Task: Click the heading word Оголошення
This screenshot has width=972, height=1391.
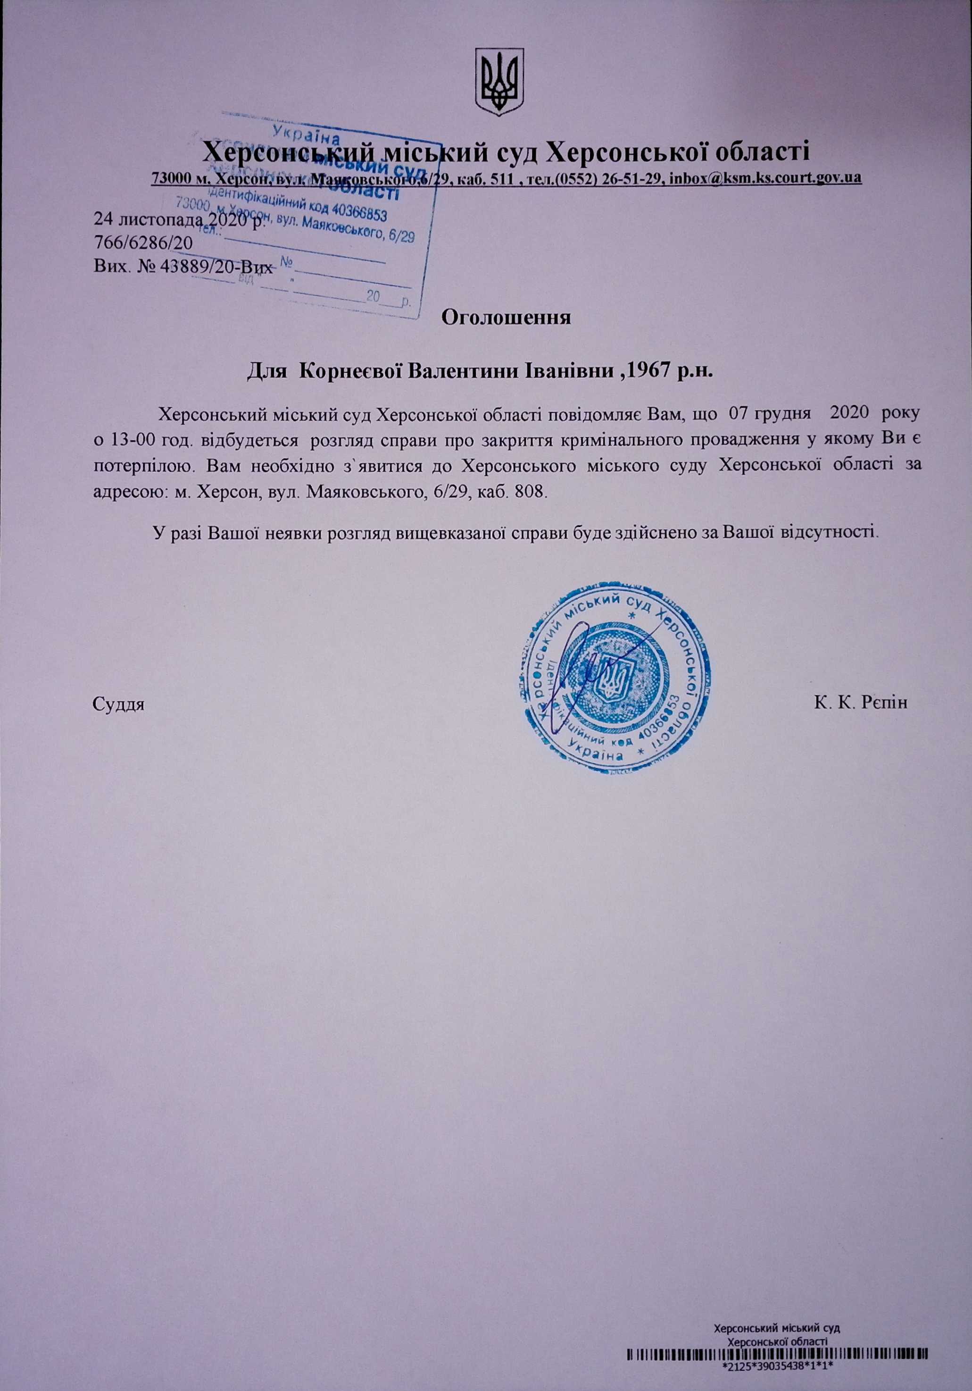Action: click(507, 317)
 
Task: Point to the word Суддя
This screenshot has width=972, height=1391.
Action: click(119, 704)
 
